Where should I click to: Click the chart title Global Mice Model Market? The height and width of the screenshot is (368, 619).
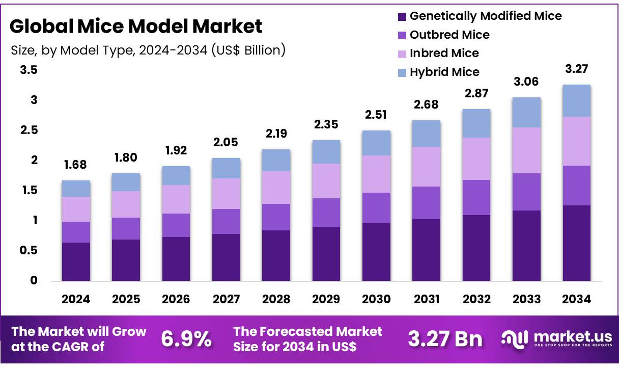coord(136,26)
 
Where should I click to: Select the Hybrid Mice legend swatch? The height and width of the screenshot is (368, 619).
coord(402,72)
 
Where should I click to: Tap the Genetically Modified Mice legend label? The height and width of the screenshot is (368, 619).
coord(486,16)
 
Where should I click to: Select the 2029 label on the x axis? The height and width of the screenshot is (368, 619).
coord(326,300)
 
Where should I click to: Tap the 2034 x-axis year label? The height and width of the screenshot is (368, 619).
coord(576,300)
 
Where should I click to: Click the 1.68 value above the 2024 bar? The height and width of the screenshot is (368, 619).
coord(76,165)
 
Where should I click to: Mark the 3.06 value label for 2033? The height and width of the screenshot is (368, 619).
coord(526,82)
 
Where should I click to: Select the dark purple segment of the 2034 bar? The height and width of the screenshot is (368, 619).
coord(576,243)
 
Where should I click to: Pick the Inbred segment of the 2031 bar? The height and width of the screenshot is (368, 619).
coord(426,167)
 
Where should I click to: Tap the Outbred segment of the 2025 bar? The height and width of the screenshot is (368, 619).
coord(126,228)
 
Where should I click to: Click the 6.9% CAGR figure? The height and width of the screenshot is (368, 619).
coord(186,339)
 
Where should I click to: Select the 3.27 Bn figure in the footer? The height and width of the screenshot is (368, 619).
coord(445,339)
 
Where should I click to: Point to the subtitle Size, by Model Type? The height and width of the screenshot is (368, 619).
coord(148,50)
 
